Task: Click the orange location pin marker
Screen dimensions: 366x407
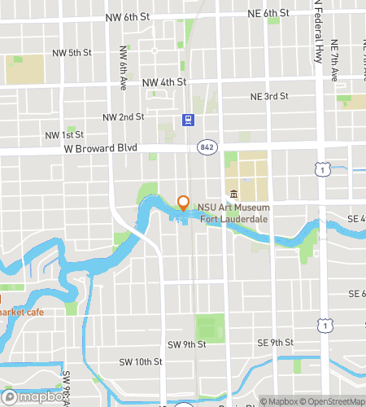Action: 183,203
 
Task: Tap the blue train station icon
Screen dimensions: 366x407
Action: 188,120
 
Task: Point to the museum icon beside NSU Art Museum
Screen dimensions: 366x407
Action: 233,194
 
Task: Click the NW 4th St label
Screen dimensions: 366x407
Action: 164,82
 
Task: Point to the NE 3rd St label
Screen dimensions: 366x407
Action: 269,96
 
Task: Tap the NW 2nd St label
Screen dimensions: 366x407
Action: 124,117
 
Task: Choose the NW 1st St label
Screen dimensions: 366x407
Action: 63,134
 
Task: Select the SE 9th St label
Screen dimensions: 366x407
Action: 274,342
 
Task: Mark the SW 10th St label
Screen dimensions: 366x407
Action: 141,361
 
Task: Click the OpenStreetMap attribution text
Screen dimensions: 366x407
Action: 331,400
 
